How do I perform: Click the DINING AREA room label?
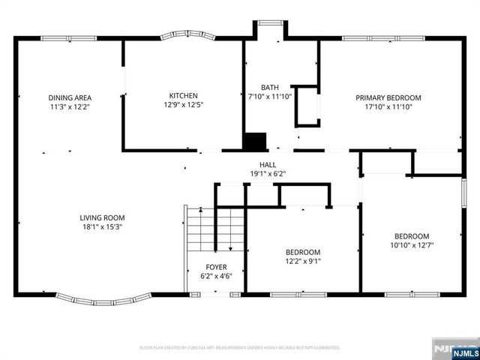pyautogui.click(x=70, y=97)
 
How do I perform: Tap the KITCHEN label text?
pyautogui.click(x=183, y=95)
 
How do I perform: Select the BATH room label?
pyautogui.click(x=269, y=87)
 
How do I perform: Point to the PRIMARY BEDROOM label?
pyautogui.click(x=388, y=97)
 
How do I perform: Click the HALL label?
pyautogui.click(x=268, y=164)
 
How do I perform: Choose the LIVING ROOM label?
pyautogui.click(x=102, y=217)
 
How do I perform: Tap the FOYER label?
pyautogui.click(x=216, y=267)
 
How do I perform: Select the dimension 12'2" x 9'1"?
pyautogui.click(x=303, y=262)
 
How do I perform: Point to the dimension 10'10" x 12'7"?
pyautogui.click(x=412, y=244)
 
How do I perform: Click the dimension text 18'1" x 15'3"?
pyautogui.click(x=102, y=227)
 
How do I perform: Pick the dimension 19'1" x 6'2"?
pyautogui.click(x=268, y=174)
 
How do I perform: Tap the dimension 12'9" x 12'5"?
pyautogui.click(x=183, y=105)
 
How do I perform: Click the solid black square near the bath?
pyautogui.click(x=256, y=141)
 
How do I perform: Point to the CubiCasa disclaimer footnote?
pyautogui.click(x=240, y=348)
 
